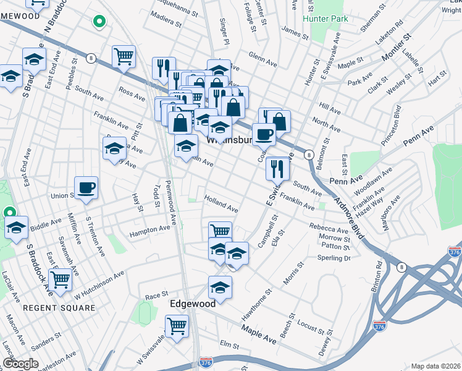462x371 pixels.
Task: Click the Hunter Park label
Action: pos(325,19)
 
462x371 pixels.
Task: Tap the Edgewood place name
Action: pos(193,304)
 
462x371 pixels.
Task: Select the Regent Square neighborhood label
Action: pos(59,307)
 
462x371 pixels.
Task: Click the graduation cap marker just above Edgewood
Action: pos(220,287)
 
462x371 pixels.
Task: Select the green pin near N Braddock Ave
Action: pos(98,22)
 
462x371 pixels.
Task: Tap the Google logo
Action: pos(20,364)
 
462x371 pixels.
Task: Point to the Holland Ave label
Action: pos(222,205)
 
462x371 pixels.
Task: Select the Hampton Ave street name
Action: pos(149,231)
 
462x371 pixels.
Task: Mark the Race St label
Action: pos(156,296)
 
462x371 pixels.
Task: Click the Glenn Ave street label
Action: pos(262,60)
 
